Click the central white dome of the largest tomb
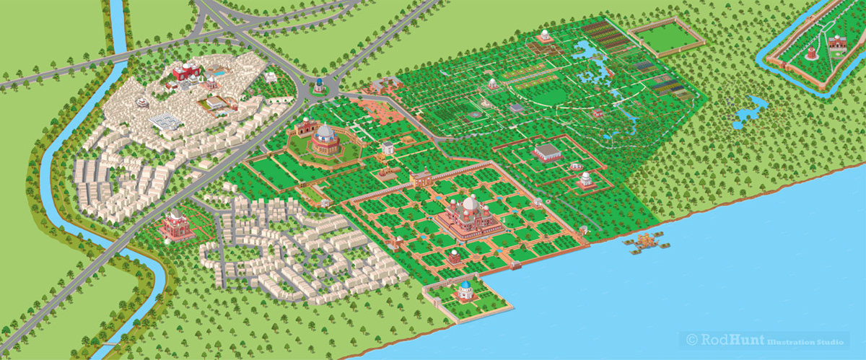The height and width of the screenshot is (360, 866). (471, 204)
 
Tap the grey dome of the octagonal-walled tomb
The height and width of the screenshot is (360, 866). (325, 133)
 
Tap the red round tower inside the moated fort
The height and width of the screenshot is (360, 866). (812, 53)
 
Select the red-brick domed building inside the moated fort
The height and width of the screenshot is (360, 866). (837, 43)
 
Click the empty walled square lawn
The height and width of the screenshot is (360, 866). (667, 38)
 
